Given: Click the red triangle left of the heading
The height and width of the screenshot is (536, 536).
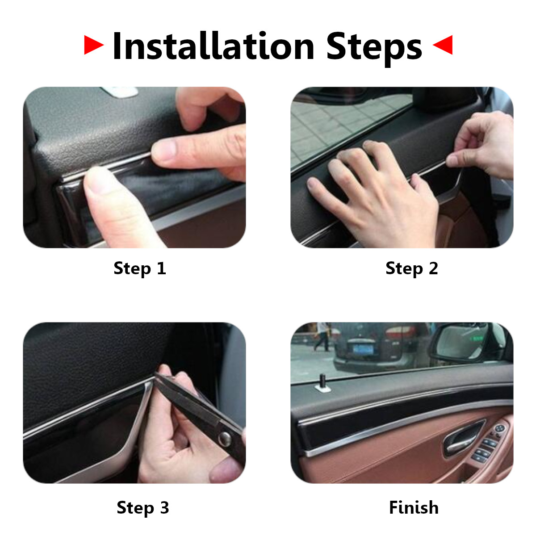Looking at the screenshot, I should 93,45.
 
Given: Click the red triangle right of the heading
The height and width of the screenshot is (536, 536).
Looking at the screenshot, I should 444,45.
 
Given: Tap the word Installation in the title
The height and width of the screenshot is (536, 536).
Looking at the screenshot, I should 214,46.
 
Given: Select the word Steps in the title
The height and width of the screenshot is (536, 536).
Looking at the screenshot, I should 374,47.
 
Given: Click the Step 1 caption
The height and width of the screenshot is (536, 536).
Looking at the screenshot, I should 140,268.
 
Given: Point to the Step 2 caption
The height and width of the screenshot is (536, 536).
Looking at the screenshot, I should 411,268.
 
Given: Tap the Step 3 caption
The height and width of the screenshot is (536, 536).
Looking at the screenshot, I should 142,507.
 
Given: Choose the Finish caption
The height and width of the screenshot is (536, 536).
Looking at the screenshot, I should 414,507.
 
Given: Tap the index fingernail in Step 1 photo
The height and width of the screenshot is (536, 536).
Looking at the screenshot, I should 164,150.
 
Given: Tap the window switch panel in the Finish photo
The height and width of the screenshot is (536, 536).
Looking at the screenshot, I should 489,442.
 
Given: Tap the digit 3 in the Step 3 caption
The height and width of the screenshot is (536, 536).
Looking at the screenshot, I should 164,507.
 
